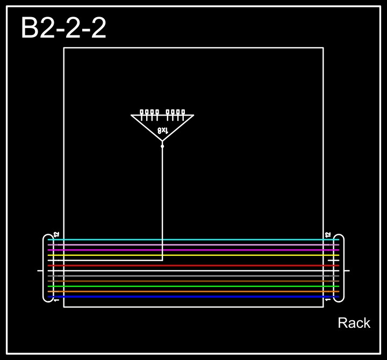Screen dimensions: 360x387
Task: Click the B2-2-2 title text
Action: [63, 28]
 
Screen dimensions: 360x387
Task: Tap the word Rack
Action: [354, 323]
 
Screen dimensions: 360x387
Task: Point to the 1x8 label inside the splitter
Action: [162, 131]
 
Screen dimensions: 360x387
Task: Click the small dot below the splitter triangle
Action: [162, 146]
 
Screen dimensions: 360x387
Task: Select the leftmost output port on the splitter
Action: [142, 112]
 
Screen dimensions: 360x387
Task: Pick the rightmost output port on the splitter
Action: [183, 112]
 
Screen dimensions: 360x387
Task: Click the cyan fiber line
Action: [193, 240]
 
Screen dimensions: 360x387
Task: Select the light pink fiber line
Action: [193, 245]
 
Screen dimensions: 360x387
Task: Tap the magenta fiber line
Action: [193, 250]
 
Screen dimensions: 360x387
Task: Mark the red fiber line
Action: [193, 265]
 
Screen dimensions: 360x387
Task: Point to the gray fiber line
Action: [193, 276]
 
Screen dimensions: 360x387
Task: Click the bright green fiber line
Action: [193, 286]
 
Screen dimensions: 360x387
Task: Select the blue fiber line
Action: [193, 297]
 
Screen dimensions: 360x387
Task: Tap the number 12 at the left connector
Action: [56, 235]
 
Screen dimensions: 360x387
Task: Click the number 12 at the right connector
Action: [328, 235]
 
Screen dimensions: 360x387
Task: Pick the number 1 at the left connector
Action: [56, 300]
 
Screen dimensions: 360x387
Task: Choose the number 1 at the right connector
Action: [328, 300]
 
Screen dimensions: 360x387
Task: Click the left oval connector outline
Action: [44, 268]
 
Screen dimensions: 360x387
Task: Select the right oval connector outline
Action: [343, 268]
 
